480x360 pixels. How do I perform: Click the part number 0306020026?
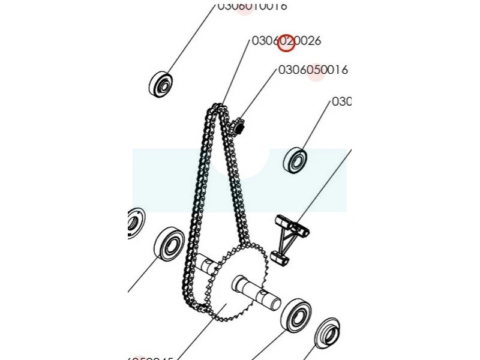click(x=286, y=41)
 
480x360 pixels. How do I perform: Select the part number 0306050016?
click(x=313, y=70)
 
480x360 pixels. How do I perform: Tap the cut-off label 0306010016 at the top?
click(x=252, y=6)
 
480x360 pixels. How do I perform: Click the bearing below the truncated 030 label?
click(x=296, y=160)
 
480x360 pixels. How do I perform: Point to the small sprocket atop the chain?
click(x=238, y=127)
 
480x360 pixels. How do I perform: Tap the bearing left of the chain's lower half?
click(x=169, y=244)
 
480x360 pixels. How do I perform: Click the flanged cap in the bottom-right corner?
click(x=328, y=333)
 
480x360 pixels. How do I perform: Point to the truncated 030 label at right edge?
click(x=341, y=102)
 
